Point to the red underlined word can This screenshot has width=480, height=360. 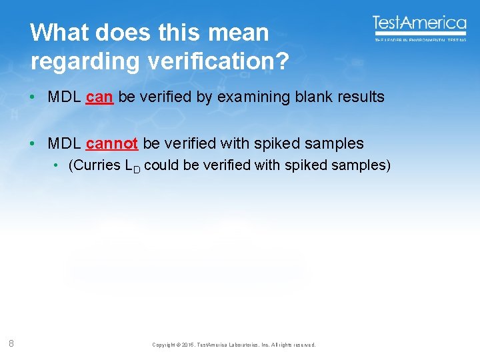pyautogui.click(x=99, y=97)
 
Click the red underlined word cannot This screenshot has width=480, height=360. pyautogui.click(x=111, y=143)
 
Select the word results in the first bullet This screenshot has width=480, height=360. pyautogui.click(x=360, y=97)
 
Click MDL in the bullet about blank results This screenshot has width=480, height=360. pyautogui.click(x=64, y=97)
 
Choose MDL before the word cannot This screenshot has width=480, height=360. pyautogui.click(x=64, y=143)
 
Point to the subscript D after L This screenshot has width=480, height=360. pyautogui.click(x=137, y=169)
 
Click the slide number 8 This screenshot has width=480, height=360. pyautogui.click(x=12, y=343)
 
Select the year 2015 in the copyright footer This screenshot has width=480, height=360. pyautogui.click(x=187, y=345)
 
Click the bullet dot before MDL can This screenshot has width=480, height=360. pyautogui.click(x=33, y=97)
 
